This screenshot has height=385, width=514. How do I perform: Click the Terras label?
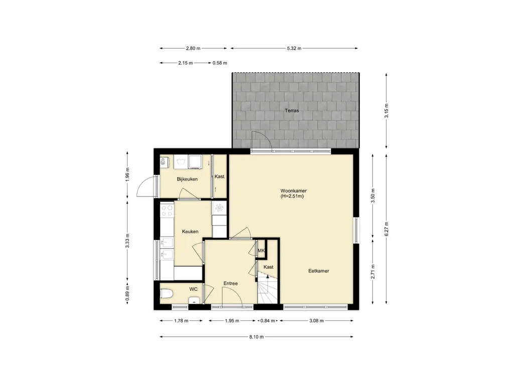tap(292, 111)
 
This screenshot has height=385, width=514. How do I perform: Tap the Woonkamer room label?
tap(293, 190)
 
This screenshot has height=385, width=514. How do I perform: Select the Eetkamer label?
tap(319, 271)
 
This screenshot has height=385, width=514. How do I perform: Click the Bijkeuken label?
tap(187, 179)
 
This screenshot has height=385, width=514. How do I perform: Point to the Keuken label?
tap(190, 232)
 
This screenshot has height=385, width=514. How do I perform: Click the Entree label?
tap(230, 284)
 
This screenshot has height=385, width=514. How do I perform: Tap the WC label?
tap(193, 289)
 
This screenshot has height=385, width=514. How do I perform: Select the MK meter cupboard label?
tap(261, 251)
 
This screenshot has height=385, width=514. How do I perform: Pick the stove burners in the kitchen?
tap(167, 210)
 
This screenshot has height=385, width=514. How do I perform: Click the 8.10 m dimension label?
tap(256, 336)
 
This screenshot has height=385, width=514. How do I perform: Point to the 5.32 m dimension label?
tap(294, 49)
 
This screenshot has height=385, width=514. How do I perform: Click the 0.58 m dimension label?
tap(220, 63)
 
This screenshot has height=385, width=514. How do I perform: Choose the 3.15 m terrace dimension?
tap(387, 111)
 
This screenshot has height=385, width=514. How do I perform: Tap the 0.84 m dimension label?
tap(268, 321)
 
